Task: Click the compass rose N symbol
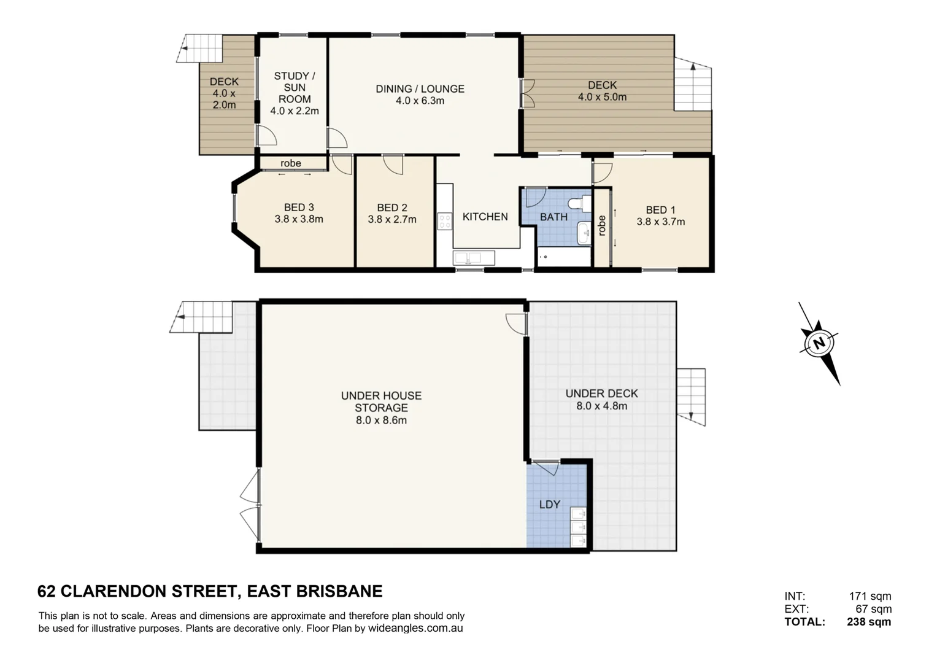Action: [x=819, y=343]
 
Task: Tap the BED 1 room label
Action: [x=660, y=210]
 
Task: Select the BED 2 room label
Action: [x=391, y=208]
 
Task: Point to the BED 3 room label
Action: [x=299, y=208]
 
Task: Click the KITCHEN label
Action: [x=485, y=217]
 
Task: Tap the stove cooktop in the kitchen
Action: [x=444, y=222]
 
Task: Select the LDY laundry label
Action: [x=549, y=505]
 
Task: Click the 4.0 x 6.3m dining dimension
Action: [x=420, y=101]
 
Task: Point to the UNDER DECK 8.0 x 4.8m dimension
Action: [x=601, y=406]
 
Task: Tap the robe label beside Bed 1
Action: [x=602, y=225]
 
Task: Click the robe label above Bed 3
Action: [x=291, y=163]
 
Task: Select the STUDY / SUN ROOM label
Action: [x=295, y=87]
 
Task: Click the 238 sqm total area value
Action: [x=869, y=622]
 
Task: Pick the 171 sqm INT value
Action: [x=870, y=596]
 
